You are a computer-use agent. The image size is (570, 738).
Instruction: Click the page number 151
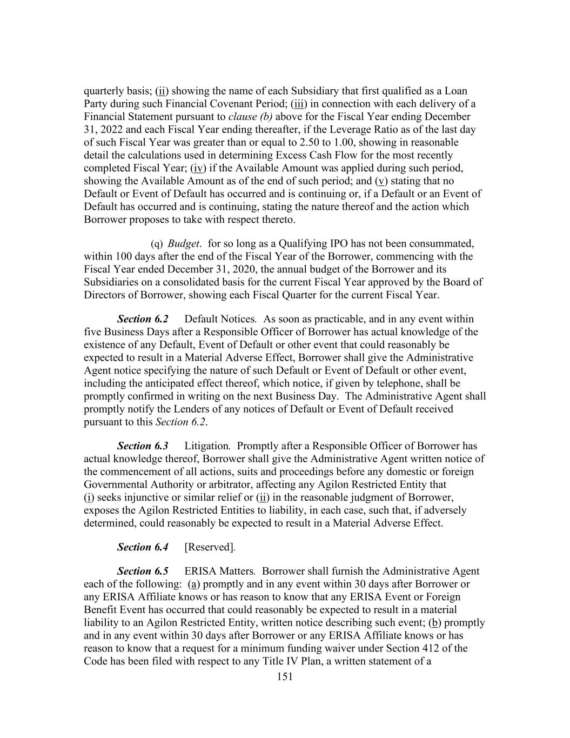point(284,676)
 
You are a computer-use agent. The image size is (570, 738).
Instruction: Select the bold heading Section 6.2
point(143,319)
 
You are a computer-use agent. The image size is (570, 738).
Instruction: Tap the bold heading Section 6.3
point(143,446)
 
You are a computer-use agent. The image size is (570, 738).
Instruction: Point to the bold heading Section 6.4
point(143,547)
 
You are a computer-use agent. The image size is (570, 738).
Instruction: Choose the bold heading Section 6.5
point(143,571)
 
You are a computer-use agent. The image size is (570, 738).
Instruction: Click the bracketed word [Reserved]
point(209,547)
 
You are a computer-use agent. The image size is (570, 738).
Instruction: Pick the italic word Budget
point(183,244)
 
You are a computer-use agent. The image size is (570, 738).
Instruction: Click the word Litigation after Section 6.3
point(207,446)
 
